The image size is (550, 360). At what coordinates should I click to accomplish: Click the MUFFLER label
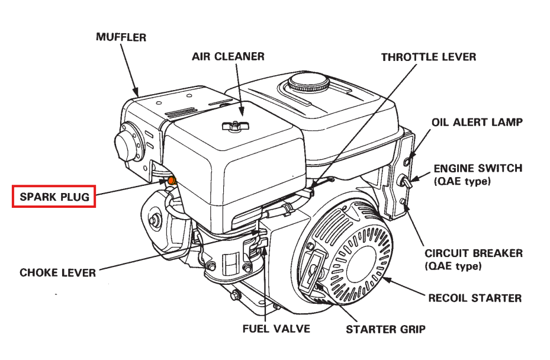click(x=121, y=37)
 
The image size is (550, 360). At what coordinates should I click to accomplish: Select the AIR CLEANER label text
click(x=228, y=56)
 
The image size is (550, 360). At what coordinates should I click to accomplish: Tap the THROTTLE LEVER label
click(x=428, y=57)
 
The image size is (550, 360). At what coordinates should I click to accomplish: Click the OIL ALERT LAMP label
click(x=477, y=122)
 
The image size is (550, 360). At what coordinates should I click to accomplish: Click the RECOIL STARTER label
click(x=475, y=298)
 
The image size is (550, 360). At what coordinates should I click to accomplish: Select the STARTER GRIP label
click(x=385, y=329)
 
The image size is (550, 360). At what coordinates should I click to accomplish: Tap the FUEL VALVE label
click(x=275, y=328)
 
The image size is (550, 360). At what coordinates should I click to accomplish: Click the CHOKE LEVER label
click(x=57, y=273)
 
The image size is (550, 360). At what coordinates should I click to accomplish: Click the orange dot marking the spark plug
click(x=172, y=180)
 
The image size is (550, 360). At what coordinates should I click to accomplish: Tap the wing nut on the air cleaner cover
click(x=233, y=126)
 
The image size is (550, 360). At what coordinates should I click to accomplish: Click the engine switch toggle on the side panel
click(x=406, y=181)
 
